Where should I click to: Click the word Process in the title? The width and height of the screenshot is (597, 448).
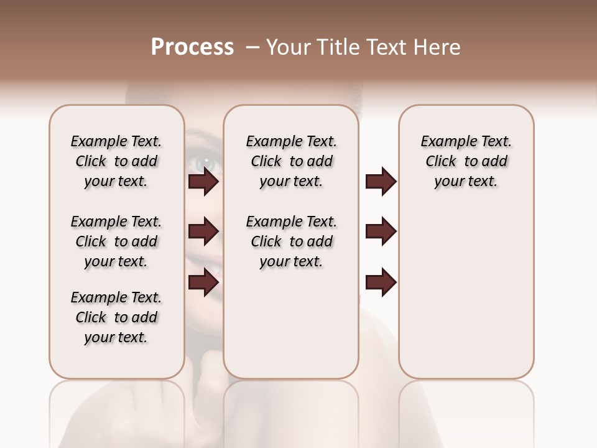pyautogui.click(x=192, y=47)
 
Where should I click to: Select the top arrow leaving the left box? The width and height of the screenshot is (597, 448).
pyautogui.click(x=203, y=182)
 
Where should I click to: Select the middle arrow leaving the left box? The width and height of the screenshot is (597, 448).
pyautogui.click(x=203, y=231)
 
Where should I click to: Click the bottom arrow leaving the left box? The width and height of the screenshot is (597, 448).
pyautogui.click(x=203, y=282)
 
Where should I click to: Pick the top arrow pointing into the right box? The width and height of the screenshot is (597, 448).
pyautogui.click(x=381, y=182)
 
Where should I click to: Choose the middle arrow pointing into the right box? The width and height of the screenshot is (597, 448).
pyautogui.click(x=381, y=231)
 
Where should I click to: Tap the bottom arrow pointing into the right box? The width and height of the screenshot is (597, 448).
pyautogui.click(x=381, y=282)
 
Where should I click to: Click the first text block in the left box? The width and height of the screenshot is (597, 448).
pyautogui.click(x=116, y=161)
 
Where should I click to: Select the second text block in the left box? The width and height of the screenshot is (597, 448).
pyautogui.click(x=116, y=241)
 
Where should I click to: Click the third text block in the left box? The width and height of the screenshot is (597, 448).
pyautogui.click(x=116, y=317)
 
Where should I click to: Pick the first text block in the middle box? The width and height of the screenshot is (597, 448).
pyautogui.click(x=291, y=161)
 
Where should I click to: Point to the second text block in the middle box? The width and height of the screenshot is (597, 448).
pyautogui.click(x=291, y=241)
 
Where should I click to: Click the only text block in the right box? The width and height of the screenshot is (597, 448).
pyautogui.click(x=466, y=161)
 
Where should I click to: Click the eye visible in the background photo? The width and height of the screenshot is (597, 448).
pyautogui.click(x=204, y=164)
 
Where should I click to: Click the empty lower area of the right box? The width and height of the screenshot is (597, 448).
pyautogui.click(x=466, y=299)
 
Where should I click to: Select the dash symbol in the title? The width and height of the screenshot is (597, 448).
pyautogui.click(x=252, y=47)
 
